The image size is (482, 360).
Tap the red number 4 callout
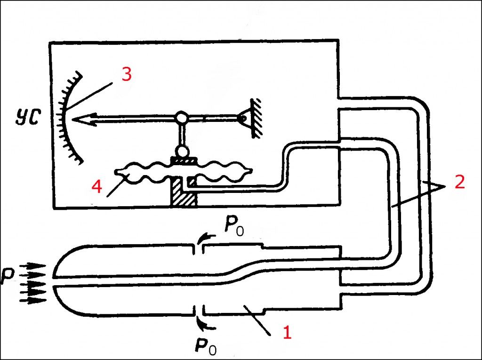click(x=96, y=187)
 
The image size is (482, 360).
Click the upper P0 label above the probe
click(x=234, y=228)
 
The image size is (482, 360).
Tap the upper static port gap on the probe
click(x=198, y=248)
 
